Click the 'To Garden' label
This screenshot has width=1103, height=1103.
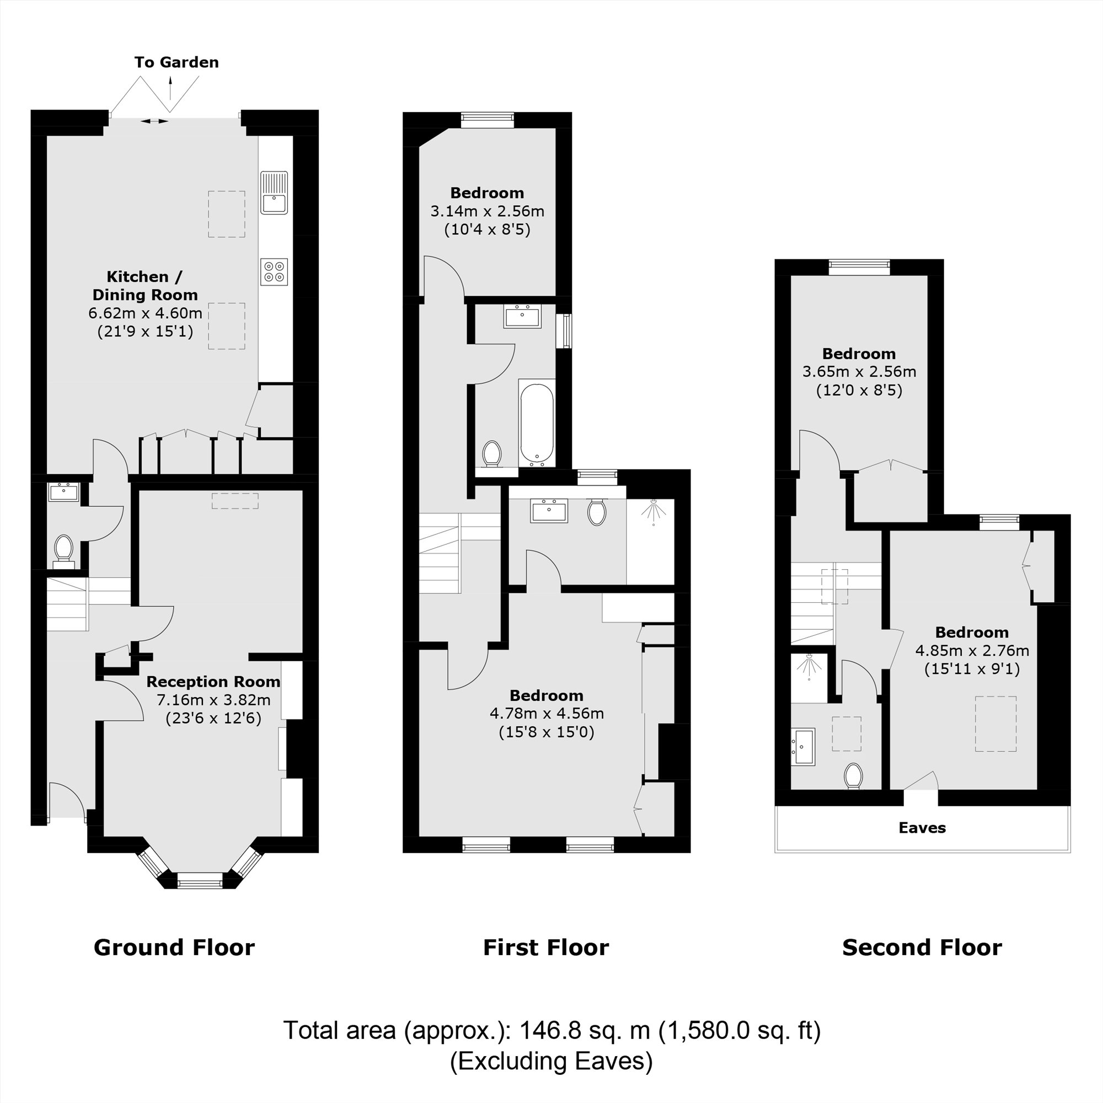tap(176, 62)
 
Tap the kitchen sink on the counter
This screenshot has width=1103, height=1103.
tap(274, 192)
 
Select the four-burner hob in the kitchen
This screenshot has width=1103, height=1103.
tap(274, 272)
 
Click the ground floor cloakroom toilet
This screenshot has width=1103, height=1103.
tap(63, 550)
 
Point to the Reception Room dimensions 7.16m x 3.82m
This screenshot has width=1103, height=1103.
tap(213, 699)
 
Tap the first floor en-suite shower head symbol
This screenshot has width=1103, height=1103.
tap(653, 510)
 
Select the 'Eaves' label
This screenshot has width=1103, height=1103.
tap(922, 828)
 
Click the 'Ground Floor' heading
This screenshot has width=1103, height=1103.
tap(174, 947)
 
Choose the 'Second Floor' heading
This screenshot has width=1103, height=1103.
tap(922, 947)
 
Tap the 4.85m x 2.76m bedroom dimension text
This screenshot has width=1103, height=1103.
tap(972, 650)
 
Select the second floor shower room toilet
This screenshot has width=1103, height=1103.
tap(854, 776)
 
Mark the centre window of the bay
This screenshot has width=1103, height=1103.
tap(199, 883)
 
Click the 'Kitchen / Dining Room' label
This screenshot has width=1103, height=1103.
tap(145, 286)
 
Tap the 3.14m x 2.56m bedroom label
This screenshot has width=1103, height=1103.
tap(487, 211)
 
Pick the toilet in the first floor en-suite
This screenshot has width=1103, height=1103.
tap(597, 512)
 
